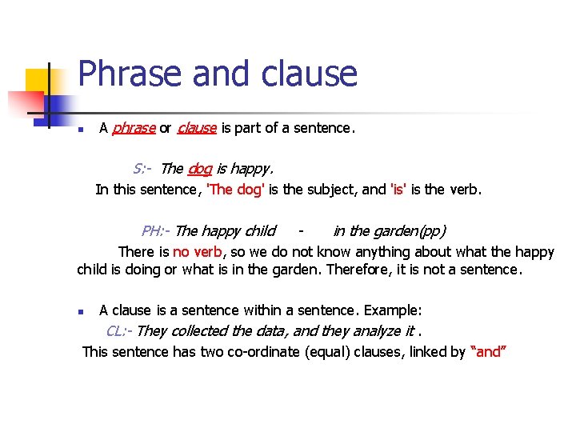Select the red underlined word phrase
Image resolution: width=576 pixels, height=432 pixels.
click(133, 128)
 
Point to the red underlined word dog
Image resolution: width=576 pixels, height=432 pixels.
click(199, 169)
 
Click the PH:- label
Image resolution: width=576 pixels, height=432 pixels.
click(156, 231)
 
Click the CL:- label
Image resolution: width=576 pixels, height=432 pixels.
click(119, 330)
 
